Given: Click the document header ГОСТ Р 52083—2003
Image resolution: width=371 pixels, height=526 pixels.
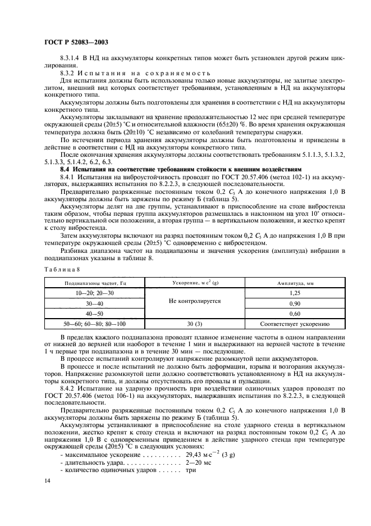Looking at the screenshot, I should pyautogui.click(x=76, y=42).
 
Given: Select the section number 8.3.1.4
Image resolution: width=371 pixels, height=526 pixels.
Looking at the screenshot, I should pyautogui.click(x=72, y=58).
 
